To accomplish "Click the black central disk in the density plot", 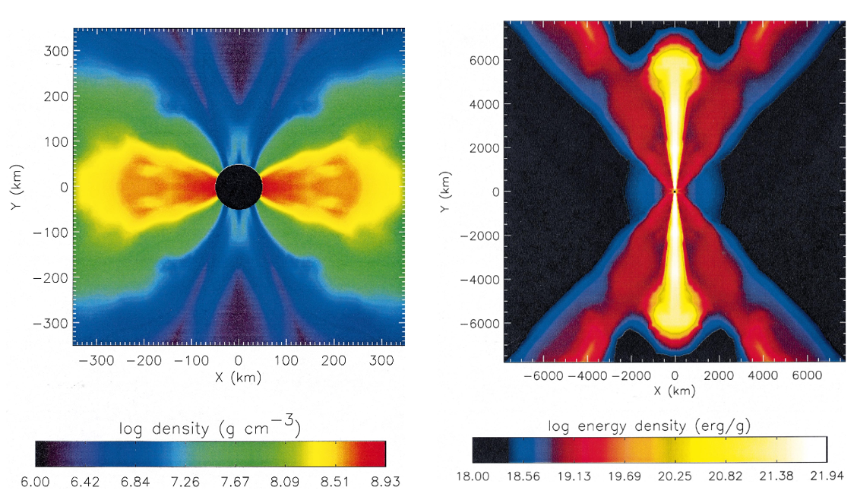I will (x=239, y=186).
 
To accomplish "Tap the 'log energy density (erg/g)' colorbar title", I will (x=650, y=426).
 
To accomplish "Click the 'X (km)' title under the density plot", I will (x=239, y=378).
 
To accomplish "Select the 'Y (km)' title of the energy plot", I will (x=445, y=191).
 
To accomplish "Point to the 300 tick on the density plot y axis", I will (x=58, y=51).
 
